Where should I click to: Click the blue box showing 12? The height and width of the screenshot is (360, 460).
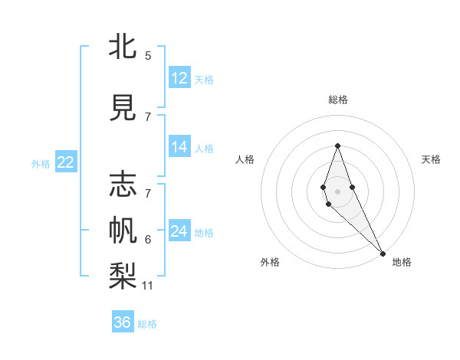click(179, 78)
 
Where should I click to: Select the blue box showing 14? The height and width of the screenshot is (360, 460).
click(179, 147)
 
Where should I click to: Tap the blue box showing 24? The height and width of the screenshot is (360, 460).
click(179, 231)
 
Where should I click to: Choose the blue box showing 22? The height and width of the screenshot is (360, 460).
click(66, 162)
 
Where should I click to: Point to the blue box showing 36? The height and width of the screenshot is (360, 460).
click(123, 322)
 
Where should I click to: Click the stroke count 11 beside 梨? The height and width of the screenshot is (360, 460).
click(148, 286)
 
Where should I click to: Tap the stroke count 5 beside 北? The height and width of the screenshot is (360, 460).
click(148, 56)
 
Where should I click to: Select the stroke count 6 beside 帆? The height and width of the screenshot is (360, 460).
click(148, 240)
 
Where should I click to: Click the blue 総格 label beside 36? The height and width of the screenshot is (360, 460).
click(147, 324)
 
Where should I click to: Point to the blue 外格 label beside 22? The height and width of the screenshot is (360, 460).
click(41, 163)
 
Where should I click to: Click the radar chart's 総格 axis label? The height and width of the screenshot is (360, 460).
click(338, 100)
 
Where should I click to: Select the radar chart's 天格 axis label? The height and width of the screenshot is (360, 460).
click(431, 159)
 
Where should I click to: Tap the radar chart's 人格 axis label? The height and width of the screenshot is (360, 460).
click(245, 159)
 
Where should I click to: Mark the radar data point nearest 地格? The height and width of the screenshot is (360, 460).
click(383, 254)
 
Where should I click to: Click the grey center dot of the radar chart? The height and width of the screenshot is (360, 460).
click(337, 191)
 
